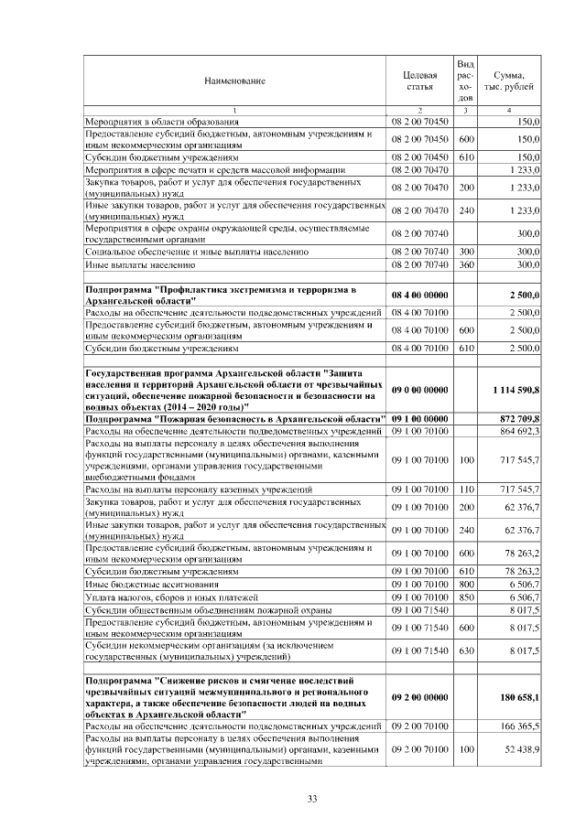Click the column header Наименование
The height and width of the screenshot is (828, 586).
(234, 81)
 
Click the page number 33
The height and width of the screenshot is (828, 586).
(312, 800)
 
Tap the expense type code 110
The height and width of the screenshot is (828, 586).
(465, 490)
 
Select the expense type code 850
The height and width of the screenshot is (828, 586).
(465, 597)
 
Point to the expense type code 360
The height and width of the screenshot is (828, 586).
(465, 264)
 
